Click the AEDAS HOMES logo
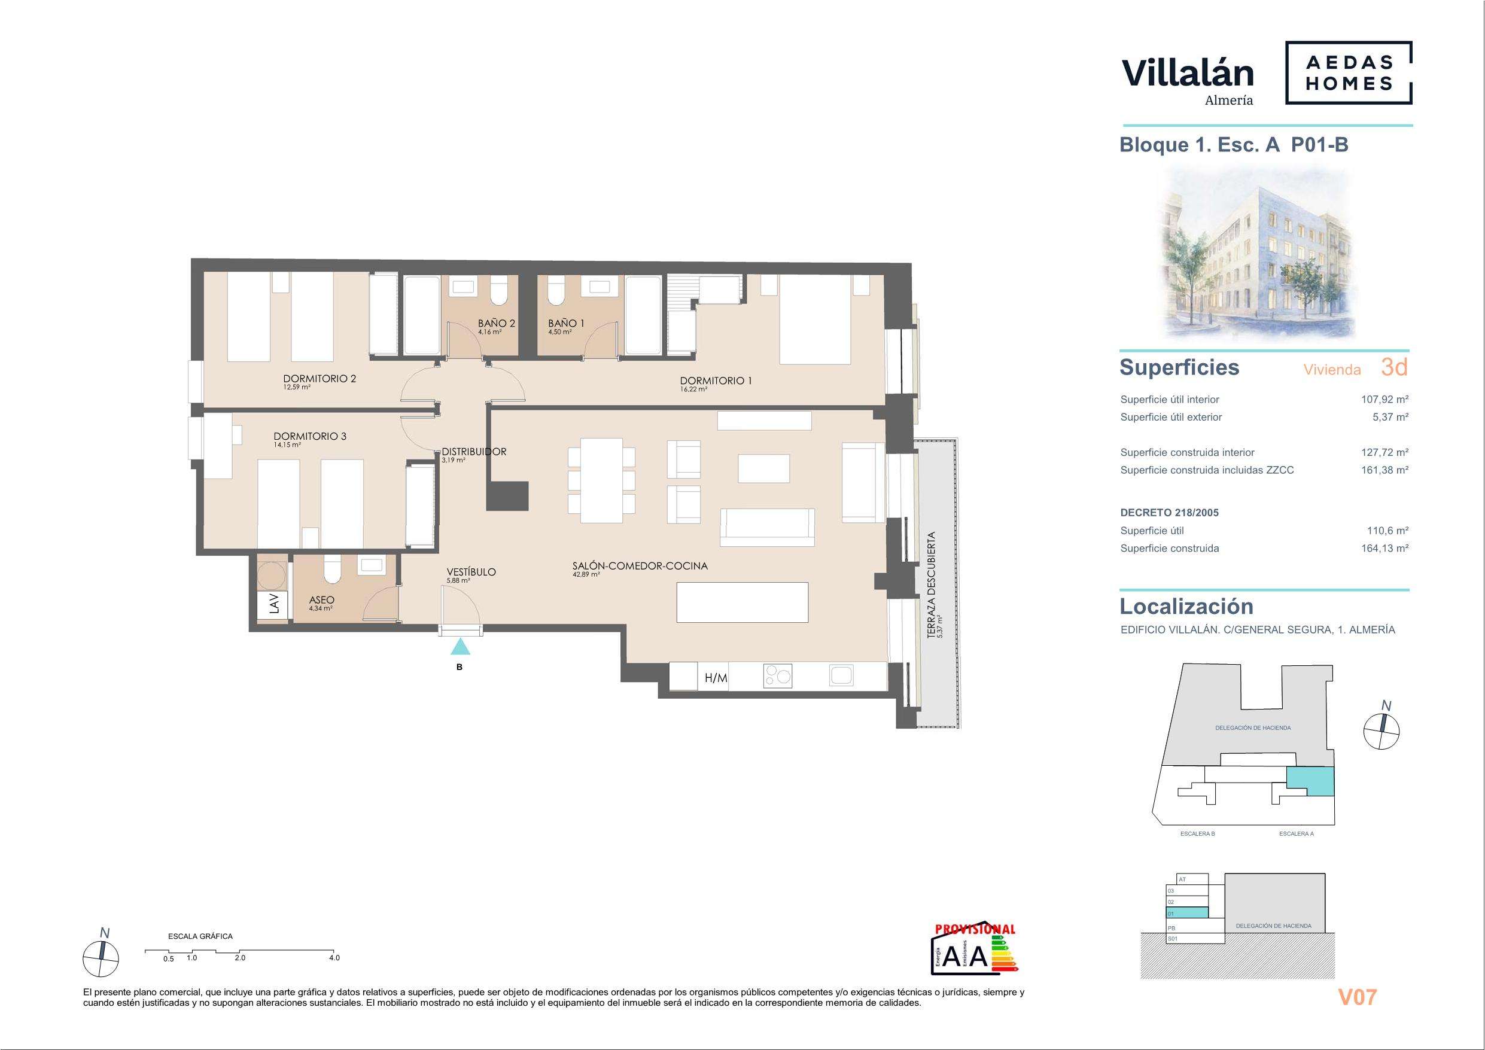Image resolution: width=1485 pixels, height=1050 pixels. (x=1348, y=72)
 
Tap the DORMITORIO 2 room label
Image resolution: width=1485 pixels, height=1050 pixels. (x=319, y=379)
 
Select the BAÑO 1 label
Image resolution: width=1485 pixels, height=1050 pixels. (x=566, y=323)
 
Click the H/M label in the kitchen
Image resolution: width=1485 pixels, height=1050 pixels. (x=716, y=678)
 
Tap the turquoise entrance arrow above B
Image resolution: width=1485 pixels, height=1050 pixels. (x=460, y=646)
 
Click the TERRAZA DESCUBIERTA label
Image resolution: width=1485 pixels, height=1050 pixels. (x=932, y=585)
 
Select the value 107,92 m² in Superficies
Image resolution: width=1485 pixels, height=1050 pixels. (x=1384, y=400)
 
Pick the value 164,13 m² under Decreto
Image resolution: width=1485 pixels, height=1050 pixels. (x=1384, y=549)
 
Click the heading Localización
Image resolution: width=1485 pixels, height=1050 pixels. (x=1186, y=606)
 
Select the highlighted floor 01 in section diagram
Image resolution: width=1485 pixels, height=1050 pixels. (x=1187, y=913)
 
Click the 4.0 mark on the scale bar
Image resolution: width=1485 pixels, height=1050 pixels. (x=334, y=958)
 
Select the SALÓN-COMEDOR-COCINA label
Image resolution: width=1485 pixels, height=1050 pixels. (x=640, y=565)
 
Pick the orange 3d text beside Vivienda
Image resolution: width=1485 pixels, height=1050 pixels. (x=1394, y=367)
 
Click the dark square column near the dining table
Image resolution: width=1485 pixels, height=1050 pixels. (x=508, y=495)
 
